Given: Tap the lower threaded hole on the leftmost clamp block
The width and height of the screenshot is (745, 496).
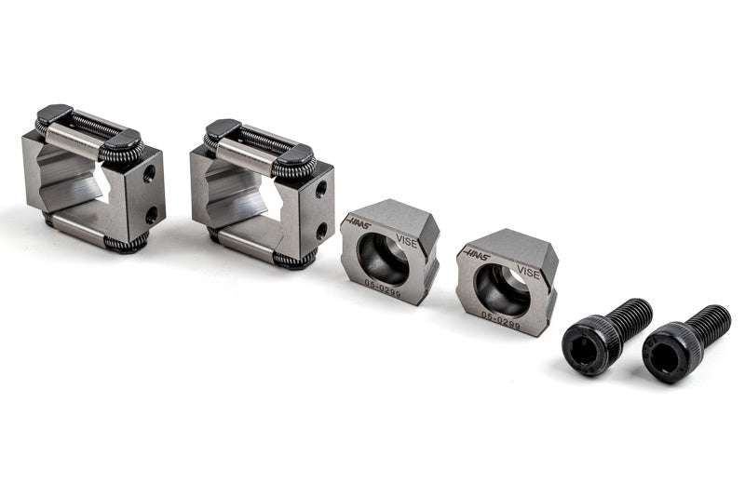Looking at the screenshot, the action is pos(152,216).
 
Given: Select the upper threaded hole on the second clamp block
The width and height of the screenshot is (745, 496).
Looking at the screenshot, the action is pos(320,191).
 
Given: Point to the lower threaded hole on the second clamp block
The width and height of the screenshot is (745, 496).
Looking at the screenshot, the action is pos(322,231).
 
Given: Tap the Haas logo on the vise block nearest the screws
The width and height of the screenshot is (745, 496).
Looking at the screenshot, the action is pos(477,254).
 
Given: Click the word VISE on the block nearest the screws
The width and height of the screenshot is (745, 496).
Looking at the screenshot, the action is pos(528,273).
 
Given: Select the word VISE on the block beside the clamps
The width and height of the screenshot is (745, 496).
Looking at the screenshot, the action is pos(406,243).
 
